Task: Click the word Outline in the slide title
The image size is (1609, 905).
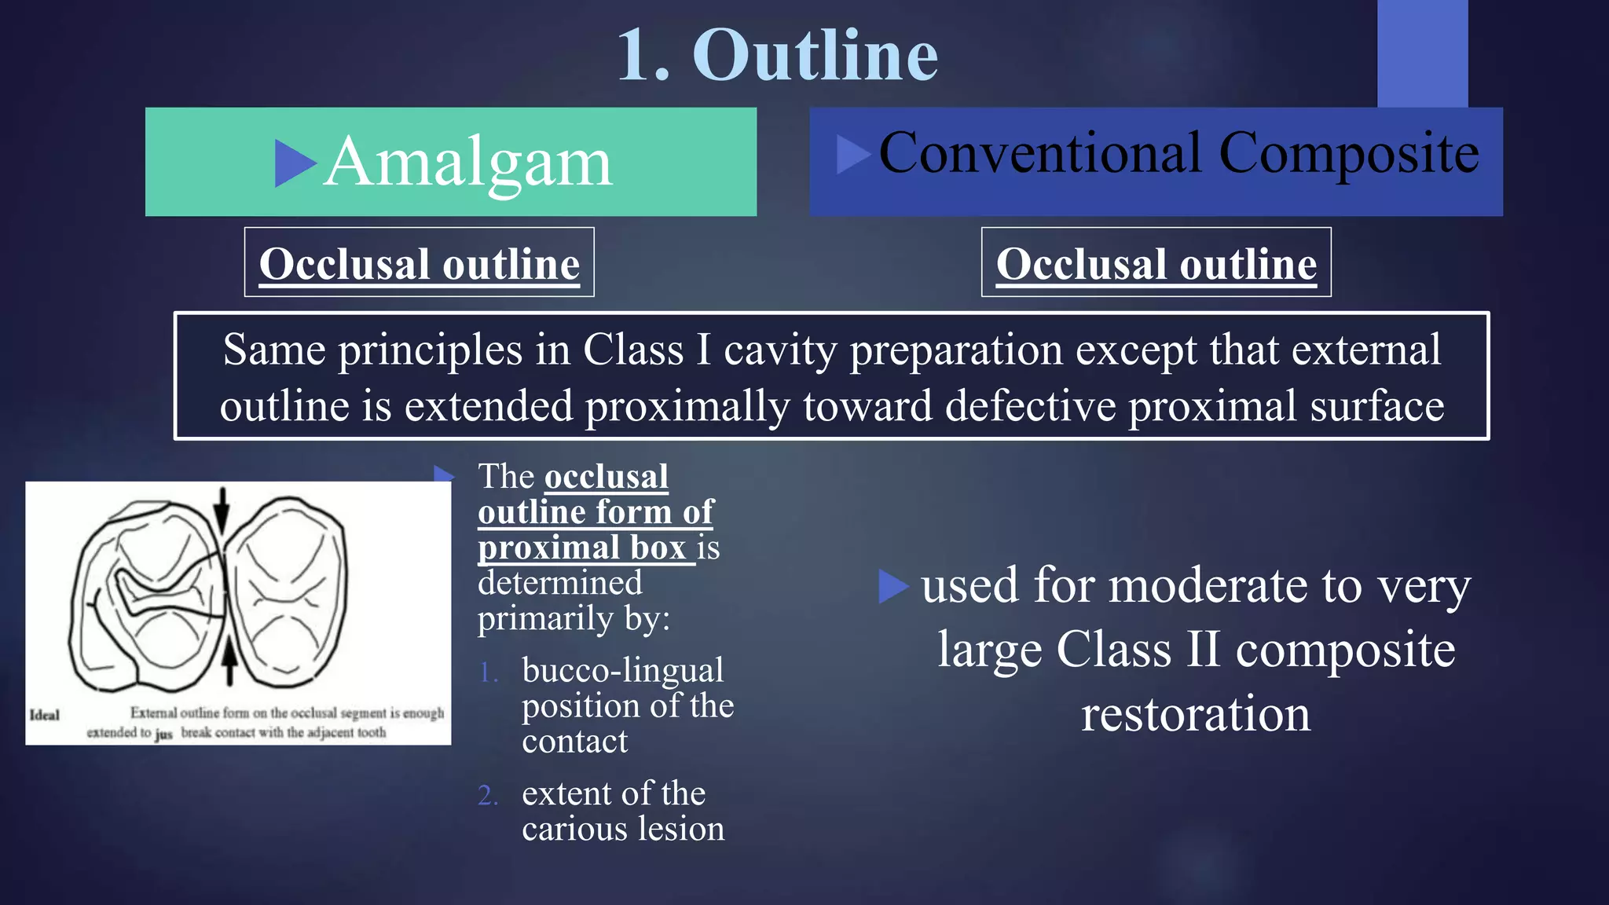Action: tap(815, 55)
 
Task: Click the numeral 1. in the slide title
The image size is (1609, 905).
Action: tap(643, 55)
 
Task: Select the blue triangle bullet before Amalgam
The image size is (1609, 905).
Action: tap(295, 163)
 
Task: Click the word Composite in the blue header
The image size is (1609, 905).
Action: tap(1349, 154)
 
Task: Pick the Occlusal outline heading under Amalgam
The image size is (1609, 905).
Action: tap(419, 263)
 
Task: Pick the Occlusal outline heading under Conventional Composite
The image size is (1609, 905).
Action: tap(1156, 263)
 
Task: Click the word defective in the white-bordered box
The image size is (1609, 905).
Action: tap(1030, 406)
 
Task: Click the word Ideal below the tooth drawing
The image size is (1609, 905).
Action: tap(45, 715)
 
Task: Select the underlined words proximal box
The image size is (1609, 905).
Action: tap(582, 548)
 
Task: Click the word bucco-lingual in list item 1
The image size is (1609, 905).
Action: tap(622, 670)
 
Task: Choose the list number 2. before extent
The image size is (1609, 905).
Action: tap(488, 795)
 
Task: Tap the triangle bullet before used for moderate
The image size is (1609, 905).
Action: tap(892, 586)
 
